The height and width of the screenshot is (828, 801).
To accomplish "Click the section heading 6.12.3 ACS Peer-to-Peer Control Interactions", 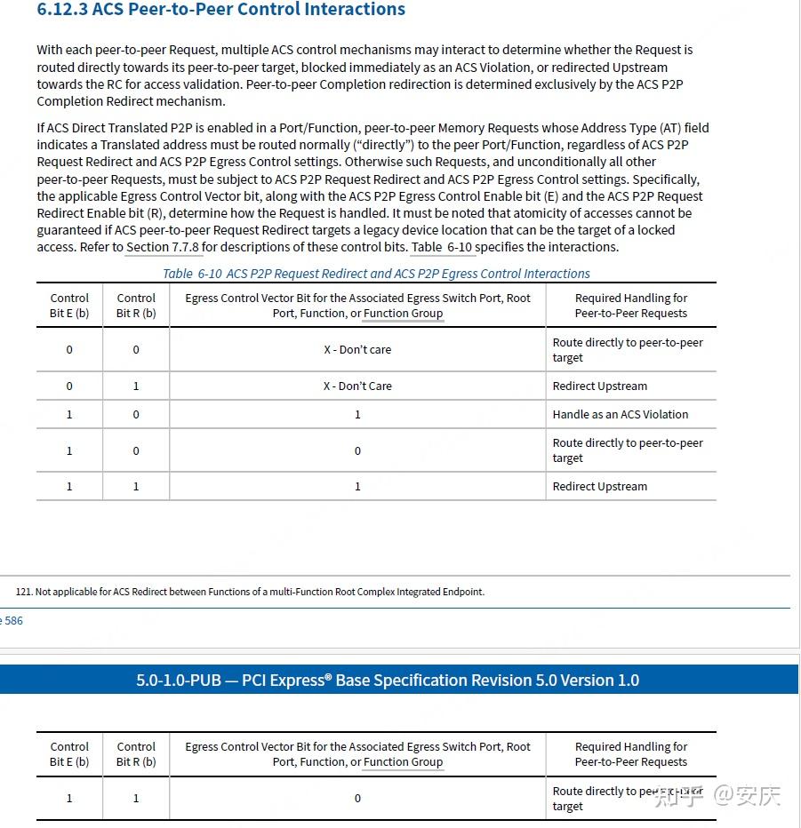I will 220,10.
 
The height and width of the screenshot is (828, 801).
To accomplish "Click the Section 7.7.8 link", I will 163,247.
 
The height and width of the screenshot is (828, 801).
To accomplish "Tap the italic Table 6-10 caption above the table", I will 376,274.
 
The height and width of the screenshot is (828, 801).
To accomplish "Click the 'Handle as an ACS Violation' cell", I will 621,414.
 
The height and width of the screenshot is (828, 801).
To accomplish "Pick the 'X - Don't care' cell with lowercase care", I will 357,349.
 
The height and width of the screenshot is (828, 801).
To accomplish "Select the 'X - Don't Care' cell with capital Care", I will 357,386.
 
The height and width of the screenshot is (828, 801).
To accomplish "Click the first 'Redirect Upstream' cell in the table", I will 600,386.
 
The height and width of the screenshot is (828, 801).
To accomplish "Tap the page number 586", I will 13,621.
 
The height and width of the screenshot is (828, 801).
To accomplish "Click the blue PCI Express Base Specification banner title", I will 388,680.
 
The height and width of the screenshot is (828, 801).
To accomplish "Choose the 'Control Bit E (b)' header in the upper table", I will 69,306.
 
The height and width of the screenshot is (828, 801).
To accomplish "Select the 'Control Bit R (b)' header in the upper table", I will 136,306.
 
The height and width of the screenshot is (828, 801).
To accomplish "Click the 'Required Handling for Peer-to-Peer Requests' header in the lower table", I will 631,754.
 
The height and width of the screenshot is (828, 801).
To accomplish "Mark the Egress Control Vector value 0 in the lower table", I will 357,798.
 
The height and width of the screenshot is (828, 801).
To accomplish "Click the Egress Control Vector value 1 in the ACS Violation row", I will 357,414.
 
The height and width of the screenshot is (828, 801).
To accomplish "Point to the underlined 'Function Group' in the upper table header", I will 403,314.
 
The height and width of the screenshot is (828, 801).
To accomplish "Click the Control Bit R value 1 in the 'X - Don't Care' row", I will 136,386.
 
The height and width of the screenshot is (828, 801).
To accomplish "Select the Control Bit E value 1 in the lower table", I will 69,798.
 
